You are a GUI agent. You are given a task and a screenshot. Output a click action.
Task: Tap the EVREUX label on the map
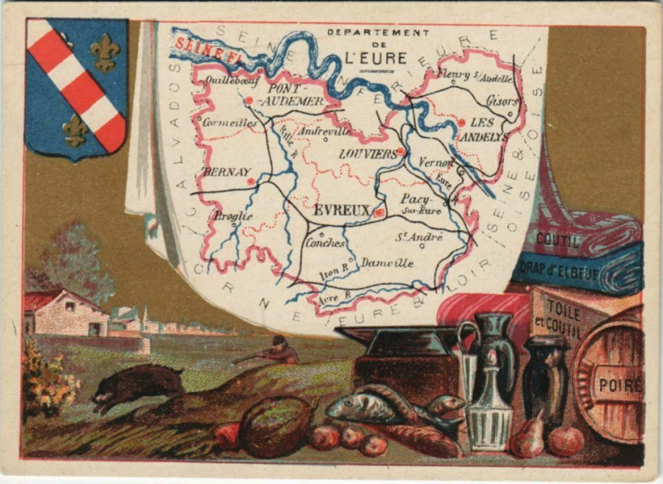[341, 211]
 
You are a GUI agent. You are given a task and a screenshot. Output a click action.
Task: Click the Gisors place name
[501, 100]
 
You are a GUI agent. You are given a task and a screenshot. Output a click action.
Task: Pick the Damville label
[387, 263]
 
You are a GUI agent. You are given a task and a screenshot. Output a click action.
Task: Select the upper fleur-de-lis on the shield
[104, 51]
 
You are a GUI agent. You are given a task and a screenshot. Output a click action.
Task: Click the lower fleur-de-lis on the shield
[75, 128]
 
